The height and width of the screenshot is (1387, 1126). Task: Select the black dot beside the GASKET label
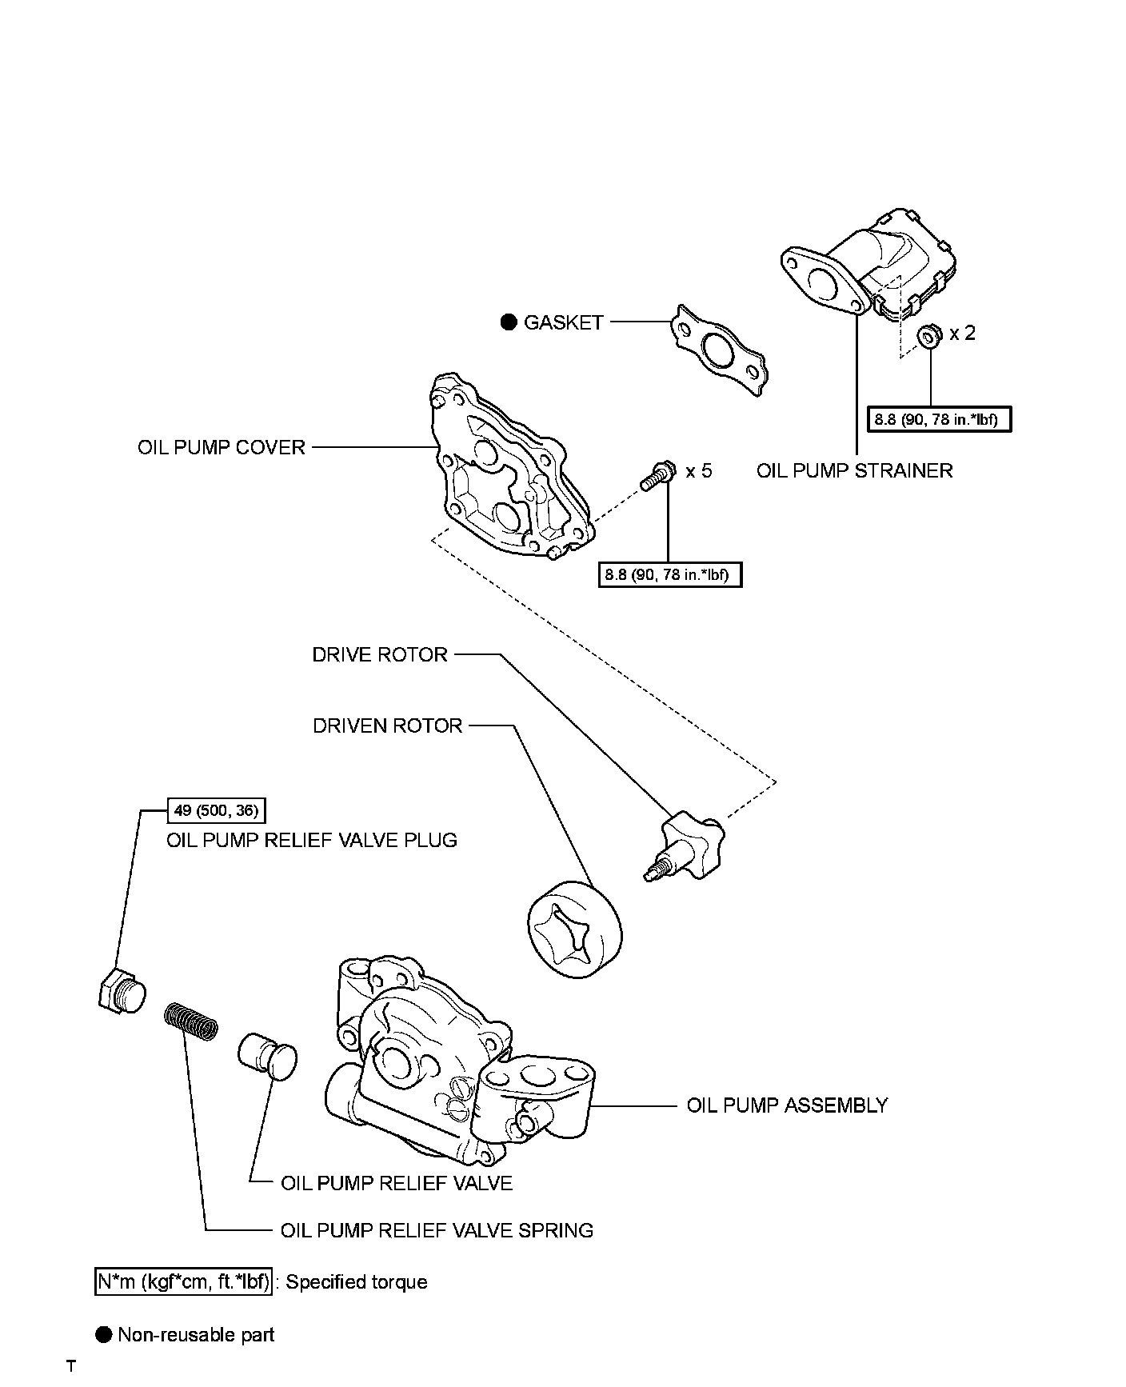[x=509, y=322]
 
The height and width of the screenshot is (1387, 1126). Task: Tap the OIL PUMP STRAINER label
[x=855, y=470]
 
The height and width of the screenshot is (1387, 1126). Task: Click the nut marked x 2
[x=929, y=336]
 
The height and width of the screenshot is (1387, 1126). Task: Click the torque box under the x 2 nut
[x=939, y=420]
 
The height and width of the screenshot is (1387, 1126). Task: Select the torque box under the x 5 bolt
[x=670, y=574]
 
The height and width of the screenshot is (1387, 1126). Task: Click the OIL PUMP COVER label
[x=222, y=447]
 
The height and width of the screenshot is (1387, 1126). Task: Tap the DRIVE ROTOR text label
[x=380, y=655]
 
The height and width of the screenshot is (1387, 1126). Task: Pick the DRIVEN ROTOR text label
[x=388, y=726]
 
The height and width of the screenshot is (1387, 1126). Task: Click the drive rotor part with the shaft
[x=685, y=846]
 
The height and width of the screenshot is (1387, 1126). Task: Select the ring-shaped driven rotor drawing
[x=575, y=929]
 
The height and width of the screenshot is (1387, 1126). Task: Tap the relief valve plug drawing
[x=121, y=989]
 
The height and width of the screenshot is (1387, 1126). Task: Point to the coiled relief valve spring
[x=191, y=1021]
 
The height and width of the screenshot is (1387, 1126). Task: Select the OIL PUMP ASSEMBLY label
[x=788, y=1105]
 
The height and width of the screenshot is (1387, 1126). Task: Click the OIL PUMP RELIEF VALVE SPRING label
[x=437, y=1230]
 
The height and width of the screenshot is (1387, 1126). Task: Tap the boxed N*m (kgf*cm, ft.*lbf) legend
[x=183, y=1282]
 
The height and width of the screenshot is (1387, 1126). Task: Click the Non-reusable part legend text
[x=196, y=1335]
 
